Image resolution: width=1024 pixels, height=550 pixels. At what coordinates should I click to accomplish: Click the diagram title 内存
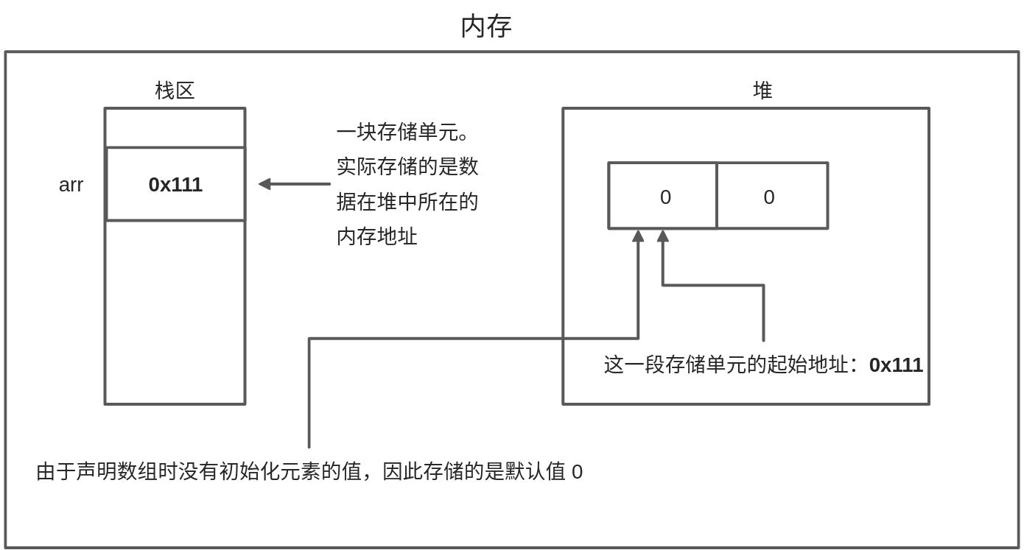point(485,27)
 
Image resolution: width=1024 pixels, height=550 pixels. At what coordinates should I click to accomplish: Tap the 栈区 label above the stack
point(175,91)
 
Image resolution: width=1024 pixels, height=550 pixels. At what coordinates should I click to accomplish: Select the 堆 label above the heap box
point(762,91)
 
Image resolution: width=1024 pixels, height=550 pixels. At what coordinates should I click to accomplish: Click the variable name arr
point(71,185)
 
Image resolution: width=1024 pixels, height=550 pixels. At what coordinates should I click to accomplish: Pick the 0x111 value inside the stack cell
point(175,185)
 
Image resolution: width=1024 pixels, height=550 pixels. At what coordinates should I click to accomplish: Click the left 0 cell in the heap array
point(664,197)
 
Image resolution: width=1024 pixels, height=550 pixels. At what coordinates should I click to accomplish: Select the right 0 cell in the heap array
point(768,197)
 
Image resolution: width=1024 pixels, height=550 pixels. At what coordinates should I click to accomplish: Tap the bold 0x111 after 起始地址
point(896,365)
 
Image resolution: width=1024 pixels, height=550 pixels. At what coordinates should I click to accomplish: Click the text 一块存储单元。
point(403,133)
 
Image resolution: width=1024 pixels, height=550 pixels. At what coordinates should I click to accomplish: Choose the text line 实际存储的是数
point(407,166)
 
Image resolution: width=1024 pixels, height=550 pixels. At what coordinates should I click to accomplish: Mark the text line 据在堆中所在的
point(407,201)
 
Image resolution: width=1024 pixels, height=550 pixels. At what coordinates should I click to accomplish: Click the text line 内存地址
point(376,236)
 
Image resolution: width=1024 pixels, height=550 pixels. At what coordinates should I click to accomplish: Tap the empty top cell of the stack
point(175,128)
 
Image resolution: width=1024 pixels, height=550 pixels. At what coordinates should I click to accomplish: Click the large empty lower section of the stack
point(175,311)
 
